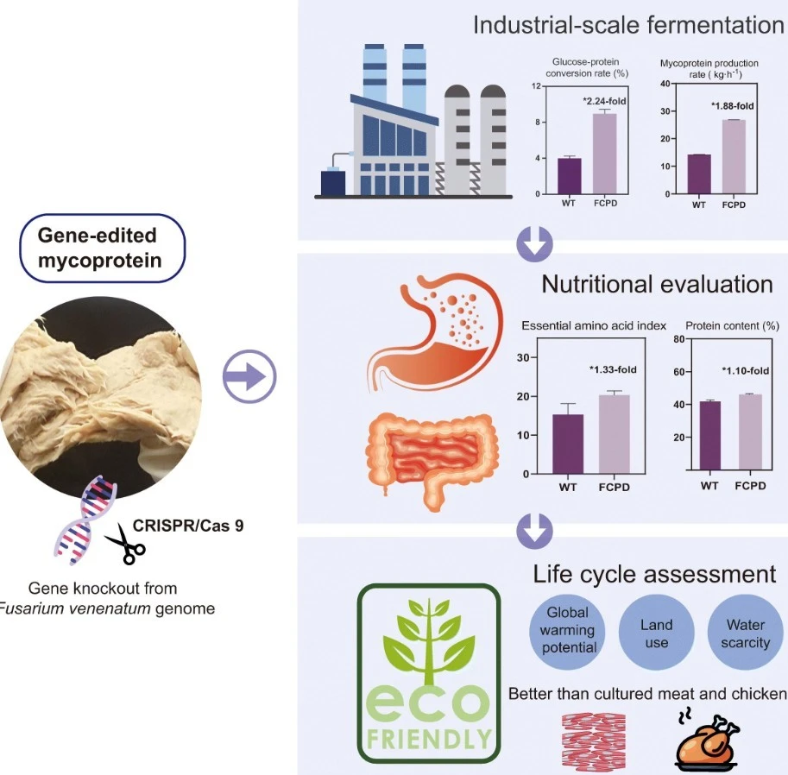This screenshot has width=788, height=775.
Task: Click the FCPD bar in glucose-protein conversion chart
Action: [604, 154]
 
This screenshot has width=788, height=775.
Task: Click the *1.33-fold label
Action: [613, 370]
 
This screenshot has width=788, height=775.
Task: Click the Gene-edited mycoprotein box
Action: [103, 248]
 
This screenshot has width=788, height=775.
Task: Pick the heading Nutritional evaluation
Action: [657, 284]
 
